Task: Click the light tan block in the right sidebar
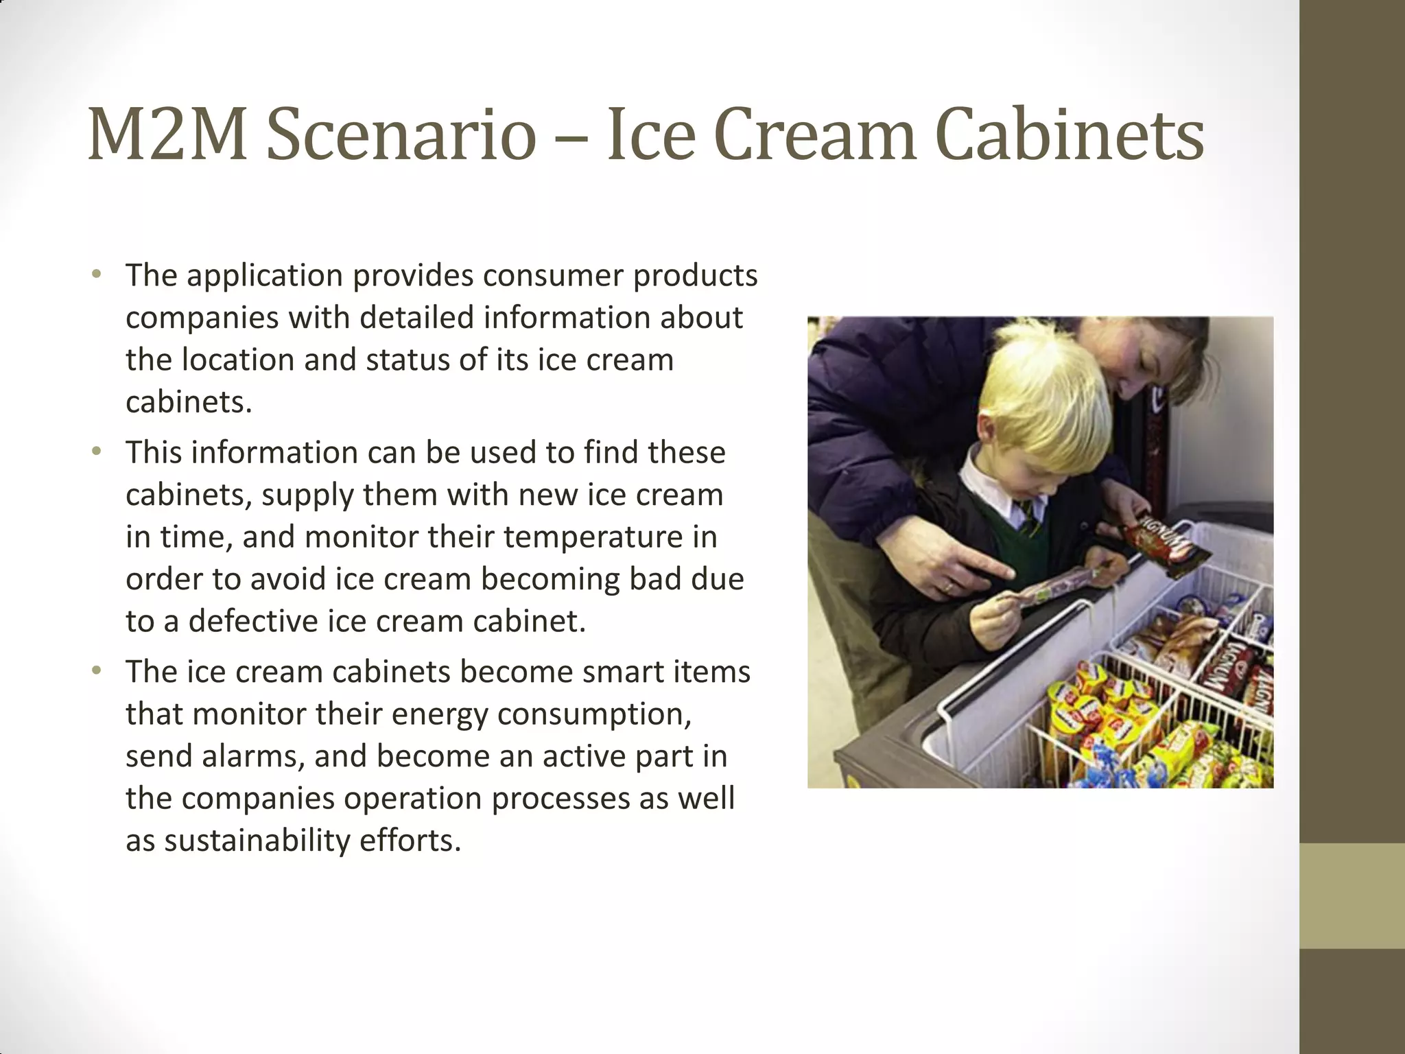point(1352,895)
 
